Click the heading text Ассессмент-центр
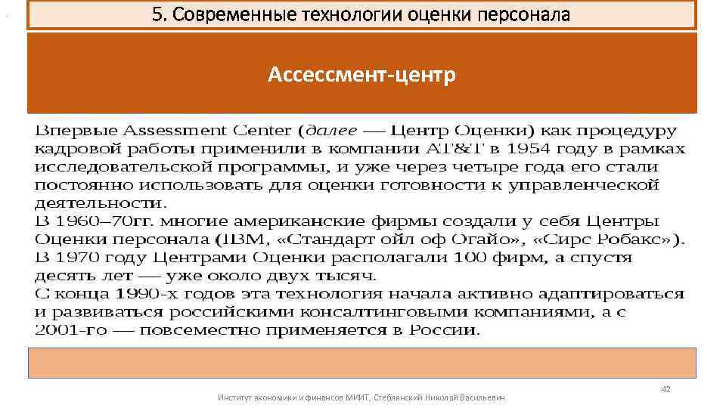(361, 76)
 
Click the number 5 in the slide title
(157, 15)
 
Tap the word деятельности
(99, 203)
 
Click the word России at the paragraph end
(447, 330)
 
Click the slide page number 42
(665, 389)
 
